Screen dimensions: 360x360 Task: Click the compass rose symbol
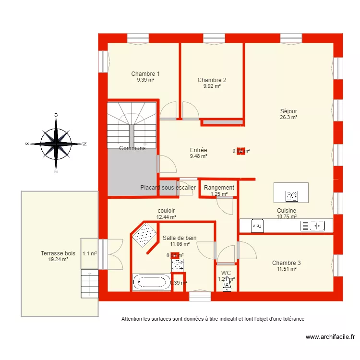point(56,143)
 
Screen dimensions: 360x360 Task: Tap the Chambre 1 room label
point(145,74)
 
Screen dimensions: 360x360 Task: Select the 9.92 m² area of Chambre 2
point(212,86)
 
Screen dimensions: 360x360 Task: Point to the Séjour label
point(288,111)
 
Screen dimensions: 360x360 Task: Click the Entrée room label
point(198,150)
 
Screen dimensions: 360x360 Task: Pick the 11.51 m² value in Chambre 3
point(286,269)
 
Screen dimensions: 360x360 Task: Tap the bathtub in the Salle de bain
point(151,282)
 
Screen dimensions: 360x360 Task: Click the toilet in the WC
point(226,285)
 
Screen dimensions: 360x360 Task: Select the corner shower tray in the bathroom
point(145,236)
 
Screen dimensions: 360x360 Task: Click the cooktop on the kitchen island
point(291,195)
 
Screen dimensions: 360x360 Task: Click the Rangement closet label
point(219,188)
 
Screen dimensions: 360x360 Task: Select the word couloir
point(166,211)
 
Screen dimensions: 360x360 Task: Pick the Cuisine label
point(286,211)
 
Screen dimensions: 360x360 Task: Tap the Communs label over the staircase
point(132,148)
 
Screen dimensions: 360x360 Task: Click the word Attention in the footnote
point(132,319)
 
